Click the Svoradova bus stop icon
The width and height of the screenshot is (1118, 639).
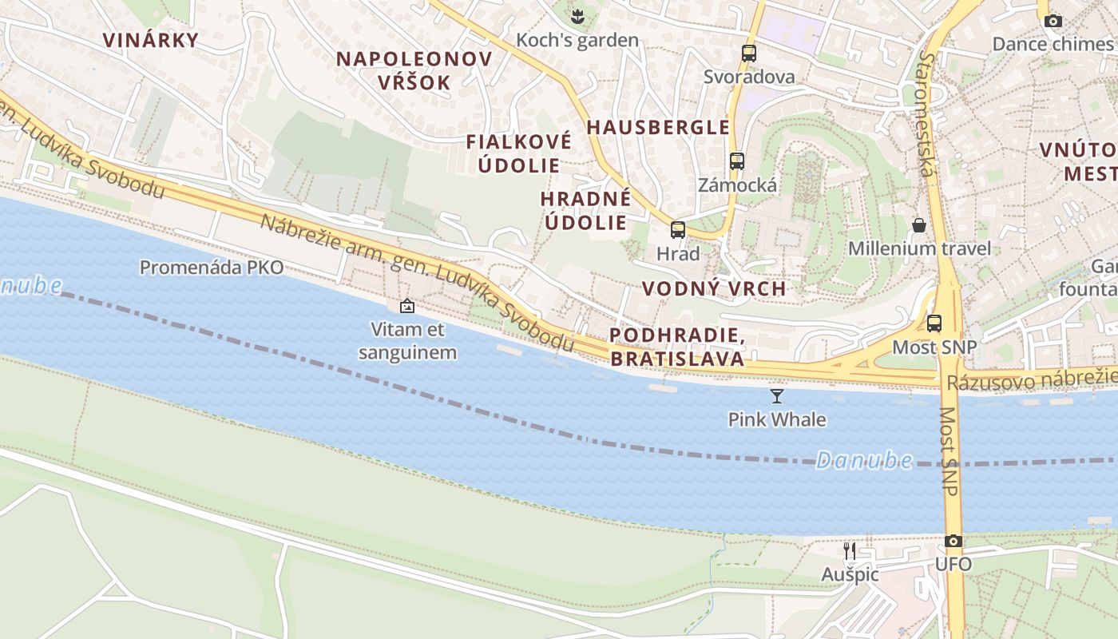748,54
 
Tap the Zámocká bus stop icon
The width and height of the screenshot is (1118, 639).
736,161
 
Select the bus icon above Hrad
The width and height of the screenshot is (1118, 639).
677,230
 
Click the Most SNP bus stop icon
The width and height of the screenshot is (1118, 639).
934,323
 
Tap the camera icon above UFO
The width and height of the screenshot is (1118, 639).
953,541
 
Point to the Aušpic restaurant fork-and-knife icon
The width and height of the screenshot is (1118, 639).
850,550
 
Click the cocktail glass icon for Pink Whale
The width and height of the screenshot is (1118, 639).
776,395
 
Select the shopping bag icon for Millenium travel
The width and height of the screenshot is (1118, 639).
918,224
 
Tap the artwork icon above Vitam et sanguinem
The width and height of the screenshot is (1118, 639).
406,305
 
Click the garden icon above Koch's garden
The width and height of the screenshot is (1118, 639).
577,15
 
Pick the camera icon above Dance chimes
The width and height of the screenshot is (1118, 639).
1053,21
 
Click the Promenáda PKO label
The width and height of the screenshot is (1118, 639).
211,268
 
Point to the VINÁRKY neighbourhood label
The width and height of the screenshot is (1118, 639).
150,40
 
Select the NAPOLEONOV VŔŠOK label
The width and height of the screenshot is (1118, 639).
414,70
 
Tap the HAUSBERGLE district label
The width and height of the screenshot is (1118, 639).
658,127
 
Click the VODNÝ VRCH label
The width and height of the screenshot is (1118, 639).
714,288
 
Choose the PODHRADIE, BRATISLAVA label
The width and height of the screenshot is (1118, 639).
677,347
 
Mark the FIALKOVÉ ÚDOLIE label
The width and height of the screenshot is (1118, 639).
519,153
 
